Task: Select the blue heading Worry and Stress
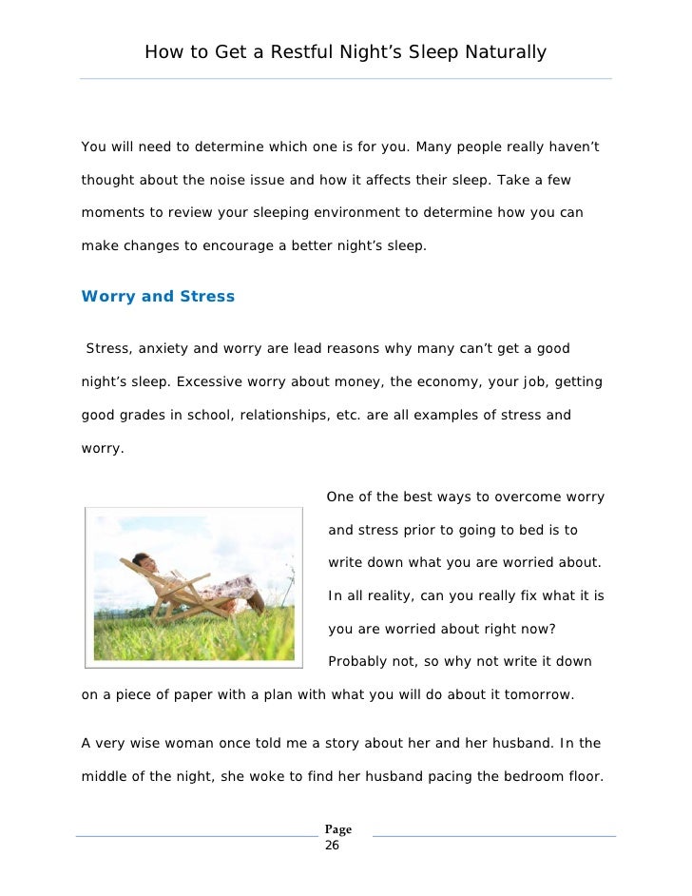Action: [x=158, y=296]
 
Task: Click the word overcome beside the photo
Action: [x=529, y=497]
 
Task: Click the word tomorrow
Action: [x=535, y=694]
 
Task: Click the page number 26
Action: [x=332, y=844]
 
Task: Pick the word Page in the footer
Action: [x=338, y=829]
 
